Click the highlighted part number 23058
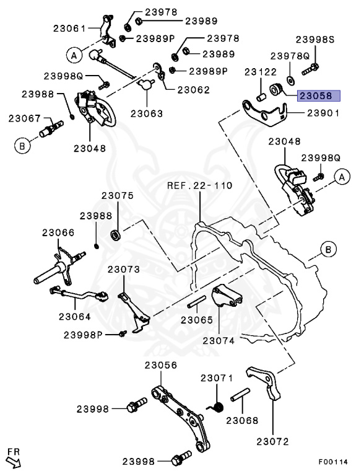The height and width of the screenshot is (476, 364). tap(316, 96)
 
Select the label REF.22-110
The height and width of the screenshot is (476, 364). tap(200, 185)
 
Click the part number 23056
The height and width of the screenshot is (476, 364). tap(161, 365)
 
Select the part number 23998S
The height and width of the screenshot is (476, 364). tap(319, 40)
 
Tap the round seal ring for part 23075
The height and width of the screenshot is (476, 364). tap(116, 235)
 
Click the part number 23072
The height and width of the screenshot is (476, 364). tap(272, 441)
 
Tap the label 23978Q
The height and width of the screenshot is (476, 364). tap(288, 55)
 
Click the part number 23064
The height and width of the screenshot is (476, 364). tap(75, 315)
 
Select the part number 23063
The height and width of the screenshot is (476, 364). tap(147, 113)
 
